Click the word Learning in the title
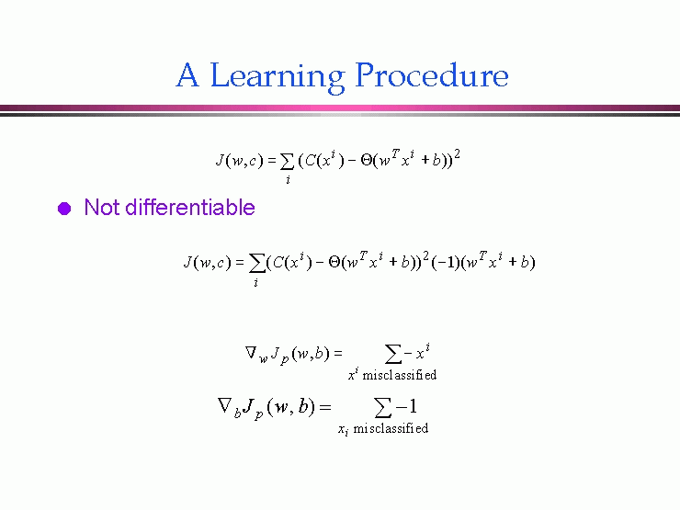(278, 77)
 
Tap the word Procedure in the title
(432, 74)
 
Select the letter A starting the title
(187, 75)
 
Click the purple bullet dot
(64, 209)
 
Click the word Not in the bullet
(102, 207)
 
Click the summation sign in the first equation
(287, 162)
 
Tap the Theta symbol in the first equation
(367, 161)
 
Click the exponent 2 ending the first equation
(457, 154)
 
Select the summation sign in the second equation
(256, 263)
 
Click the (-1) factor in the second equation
(445, 263)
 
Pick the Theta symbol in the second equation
(334, 262)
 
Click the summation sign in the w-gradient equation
(393, 354)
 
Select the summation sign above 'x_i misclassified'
(382, 408)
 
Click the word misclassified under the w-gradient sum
(400, 375)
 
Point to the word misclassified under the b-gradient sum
(391, 428)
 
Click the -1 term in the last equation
(406, 406)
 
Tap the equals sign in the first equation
(272, 162)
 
